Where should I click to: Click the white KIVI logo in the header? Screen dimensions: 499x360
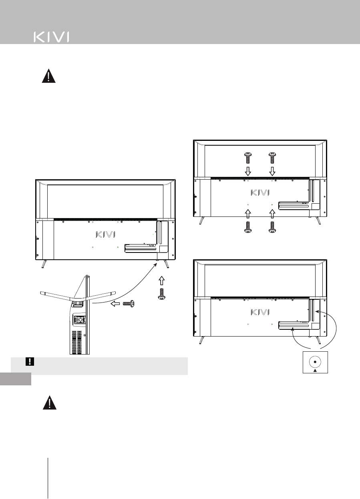51,37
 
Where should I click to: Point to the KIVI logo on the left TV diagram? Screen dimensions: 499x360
105,233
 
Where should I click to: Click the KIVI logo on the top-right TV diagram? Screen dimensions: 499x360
260,192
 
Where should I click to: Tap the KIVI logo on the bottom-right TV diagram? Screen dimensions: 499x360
260,312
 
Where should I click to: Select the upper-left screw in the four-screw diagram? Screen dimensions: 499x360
248,159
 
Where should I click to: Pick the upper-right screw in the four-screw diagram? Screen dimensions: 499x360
272,159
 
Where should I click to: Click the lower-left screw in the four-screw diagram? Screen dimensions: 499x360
248,226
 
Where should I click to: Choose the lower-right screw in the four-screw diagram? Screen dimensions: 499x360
272,226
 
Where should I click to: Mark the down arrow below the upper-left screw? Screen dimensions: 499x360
248,171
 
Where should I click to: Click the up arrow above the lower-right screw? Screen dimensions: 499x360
272,212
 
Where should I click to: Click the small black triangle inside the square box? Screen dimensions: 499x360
315,370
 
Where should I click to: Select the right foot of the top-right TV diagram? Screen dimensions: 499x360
318,220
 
